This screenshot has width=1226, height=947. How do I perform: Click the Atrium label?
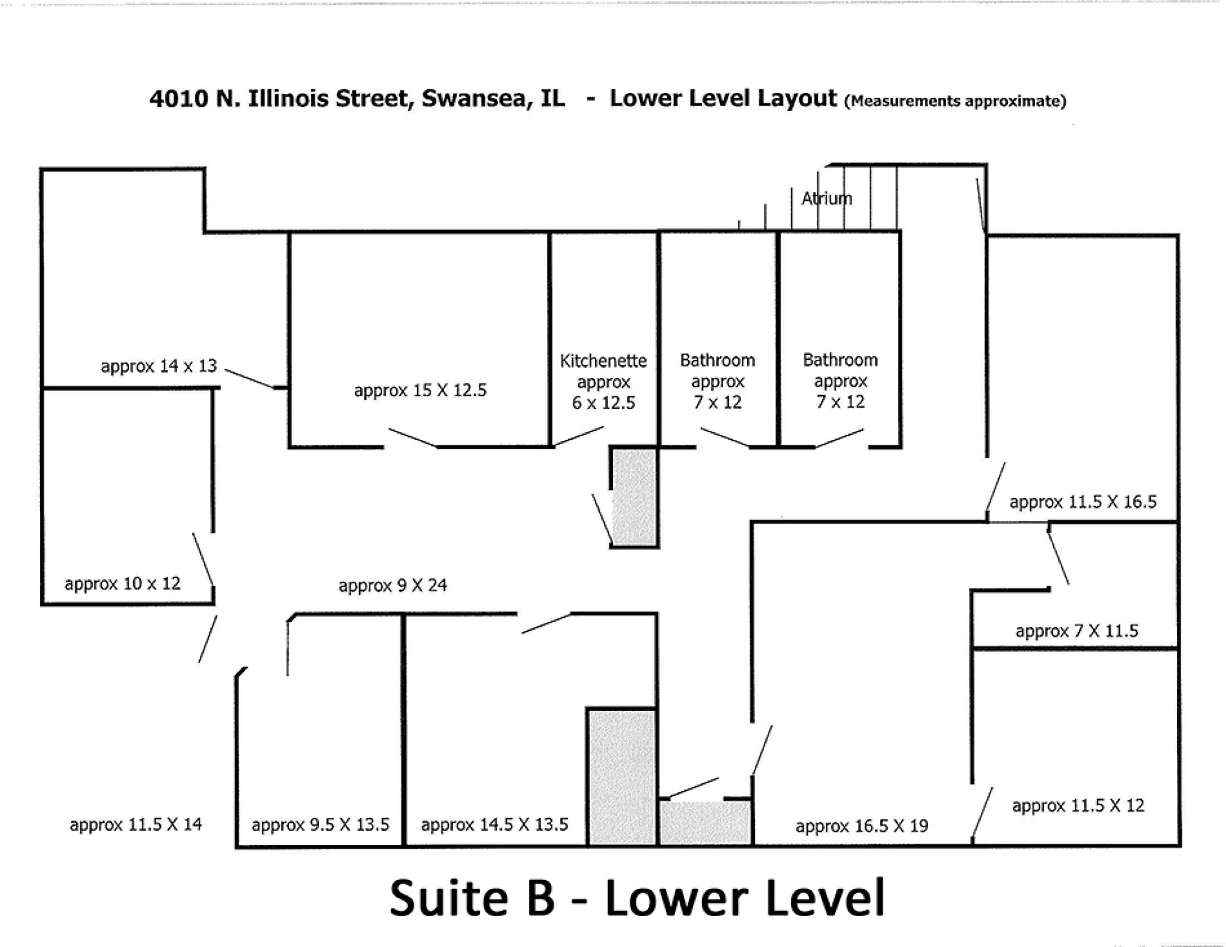coord(826,198)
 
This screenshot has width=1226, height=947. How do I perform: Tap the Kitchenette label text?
coord(603,360)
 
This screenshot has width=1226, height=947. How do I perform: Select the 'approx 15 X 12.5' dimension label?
coord(421,390)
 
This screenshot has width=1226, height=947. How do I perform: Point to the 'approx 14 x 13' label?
coord(159,366)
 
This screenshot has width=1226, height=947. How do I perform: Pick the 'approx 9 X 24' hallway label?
coord(393,586)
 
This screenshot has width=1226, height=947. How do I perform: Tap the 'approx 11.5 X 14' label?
coord(136,825)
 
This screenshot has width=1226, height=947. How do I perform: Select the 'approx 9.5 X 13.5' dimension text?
coord(321,825)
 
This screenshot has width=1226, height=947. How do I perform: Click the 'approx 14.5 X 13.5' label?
coord(494,825)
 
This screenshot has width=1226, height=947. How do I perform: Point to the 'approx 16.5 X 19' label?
coord(862,826)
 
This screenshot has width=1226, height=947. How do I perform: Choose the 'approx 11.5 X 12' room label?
coord(1078,805)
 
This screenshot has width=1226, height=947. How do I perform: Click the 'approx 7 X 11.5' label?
coord(1077,631)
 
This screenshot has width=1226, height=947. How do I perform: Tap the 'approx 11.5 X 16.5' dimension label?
coord(1083,502)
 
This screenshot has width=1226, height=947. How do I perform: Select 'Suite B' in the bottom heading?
coord(472,898)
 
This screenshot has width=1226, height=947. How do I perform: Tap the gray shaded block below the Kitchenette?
coord(635,496)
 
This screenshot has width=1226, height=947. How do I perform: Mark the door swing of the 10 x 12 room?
coord(203,559)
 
